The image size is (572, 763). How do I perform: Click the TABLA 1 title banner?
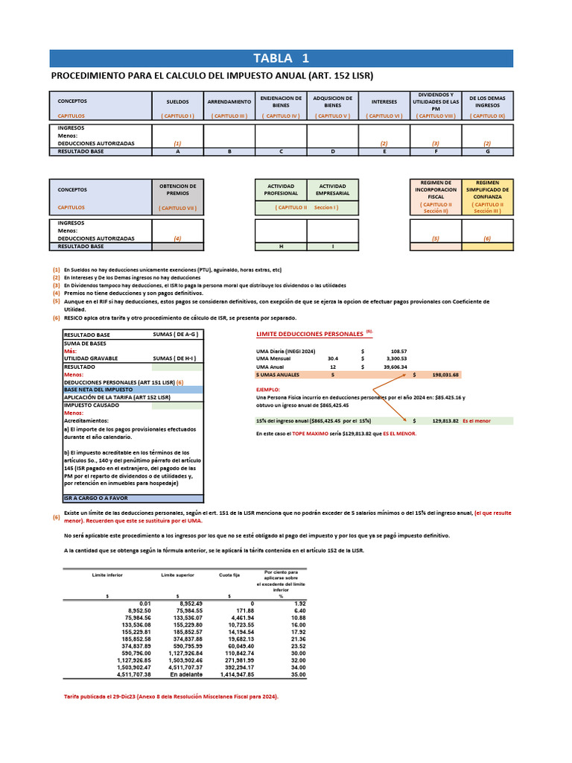click(x=281, y=59)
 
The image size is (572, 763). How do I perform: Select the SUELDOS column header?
click(x=177, y=101)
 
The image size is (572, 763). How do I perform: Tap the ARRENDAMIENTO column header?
click(x=229, y=101)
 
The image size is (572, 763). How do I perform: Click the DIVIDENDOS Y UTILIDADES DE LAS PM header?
click(x=436, y=101)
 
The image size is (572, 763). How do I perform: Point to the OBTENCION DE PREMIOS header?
click(x=177, y=189)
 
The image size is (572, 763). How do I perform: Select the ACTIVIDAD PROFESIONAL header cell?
click(x=281, y=189)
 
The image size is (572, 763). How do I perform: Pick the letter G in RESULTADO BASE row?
click(x=487, y=151)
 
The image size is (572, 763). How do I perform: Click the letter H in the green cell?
click(x=281, y=247)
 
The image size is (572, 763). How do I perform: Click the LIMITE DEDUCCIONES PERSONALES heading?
click(x=310, y=334)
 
